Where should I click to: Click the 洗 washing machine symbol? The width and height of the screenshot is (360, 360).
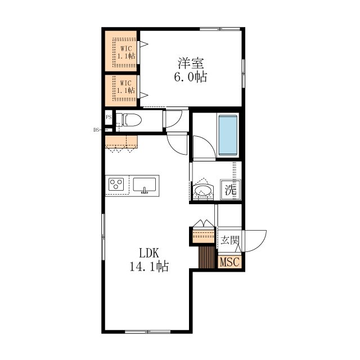pos(230,190)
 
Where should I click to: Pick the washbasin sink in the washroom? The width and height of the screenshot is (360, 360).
pos(202,191)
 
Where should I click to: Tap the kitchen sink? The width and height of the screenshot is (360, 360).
pos(146,184)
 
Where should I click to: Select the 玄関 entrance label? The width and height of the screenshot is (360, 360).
pos(229,241)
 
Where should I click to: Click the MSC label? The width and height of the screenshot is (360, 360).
pos(229,262)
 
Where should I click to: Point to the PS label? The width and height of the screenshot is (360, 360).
pos(108,118)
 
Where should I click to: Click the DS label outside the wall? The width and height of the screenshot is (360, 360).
pos(96,129)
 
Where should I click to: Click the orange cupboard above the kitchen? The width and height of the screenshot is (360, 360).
pos(121,141)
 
